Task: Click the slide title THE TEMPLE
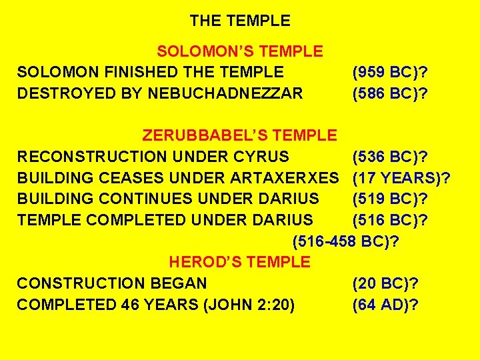[x=240, y=21]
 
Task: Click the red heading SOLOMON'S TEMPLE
[x=240, y=51]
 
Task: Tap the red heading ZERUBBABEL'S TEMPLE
[x=240, y=136]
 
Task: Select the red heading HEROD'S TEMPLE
[x=240, y=262]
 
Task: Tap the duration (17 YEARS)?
[x=401, y=178]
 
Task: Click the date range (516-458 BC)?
[x=345, y=241]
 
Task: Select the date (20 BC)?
[x=385, y=283]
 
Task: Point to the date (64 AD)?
[x=385, y=305]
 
